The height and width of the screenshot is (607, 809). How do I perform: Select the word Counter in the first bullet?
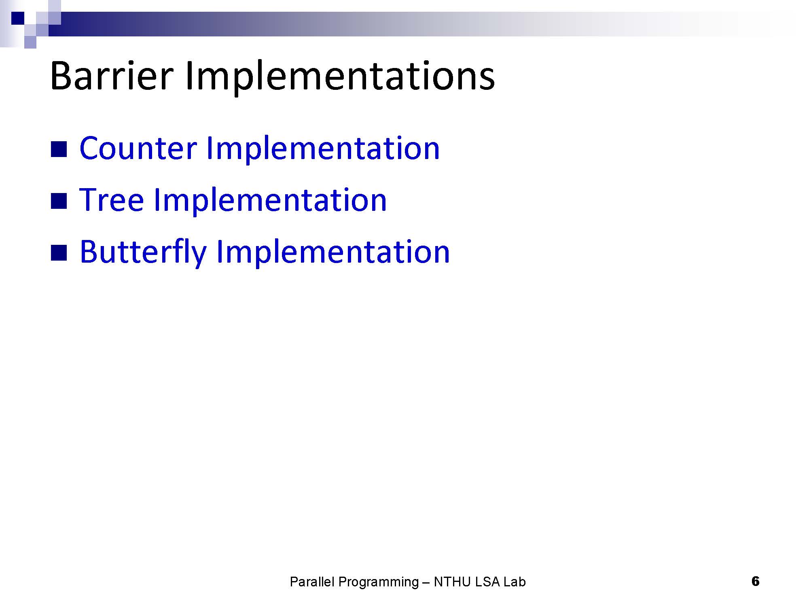click(x=138, y=148)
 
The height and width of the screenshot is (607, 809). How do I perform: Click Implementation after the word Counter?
click(x=323, y=150)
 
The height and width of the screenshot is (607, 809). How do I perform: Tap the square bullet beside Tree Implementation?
click(x=59, y=201)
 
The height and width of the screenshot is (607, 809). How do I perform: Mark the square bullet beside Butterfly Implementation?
click(x=59, y=253)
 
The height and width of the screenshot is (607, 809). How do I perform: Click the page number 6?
click(x=755, y=582)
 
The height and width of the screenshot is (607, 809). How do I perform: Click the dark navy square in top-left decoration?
click(x=18, y=18)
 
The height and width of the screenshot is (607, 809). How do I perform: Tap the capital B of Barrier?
click(x=60, y=76)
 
